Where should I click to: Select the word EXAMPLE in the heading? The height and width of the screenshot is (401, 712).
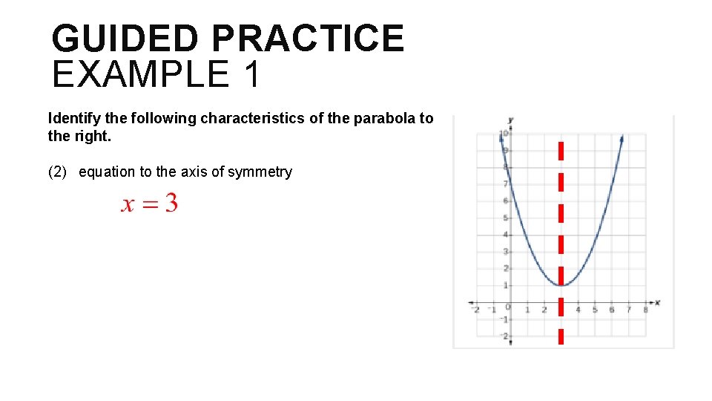140,74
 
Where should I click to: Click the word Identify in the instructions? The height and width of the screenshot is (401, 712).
73,118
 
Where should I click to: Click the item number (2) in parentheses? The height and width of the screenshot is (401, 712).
58,172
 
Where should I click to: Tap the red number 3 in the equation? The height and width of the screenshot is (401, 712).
171,203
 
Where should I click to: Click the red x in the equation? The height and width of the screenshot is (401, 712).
128,205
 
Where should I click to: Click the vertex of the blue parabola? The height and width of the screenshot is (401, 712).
561,285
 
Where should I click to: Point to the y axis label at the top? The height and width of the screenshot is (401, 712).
511,120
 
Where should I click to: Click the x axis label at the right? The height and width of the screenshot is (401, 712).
657,302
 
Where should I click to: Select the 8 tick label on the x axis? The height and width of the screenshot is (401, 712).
645,310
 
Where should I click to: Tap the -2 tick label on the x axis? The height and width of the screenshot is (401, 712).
475,310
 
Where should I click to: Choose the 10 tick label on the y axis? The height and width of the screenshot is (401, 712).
503,134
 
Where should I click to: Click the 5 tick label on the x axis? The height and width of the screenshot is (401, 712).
595,310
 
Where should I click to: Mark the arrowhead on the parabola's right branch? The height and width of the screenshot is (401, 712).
621,137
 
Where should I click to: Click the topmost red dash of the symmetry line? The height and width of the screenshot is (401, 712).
561,151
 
